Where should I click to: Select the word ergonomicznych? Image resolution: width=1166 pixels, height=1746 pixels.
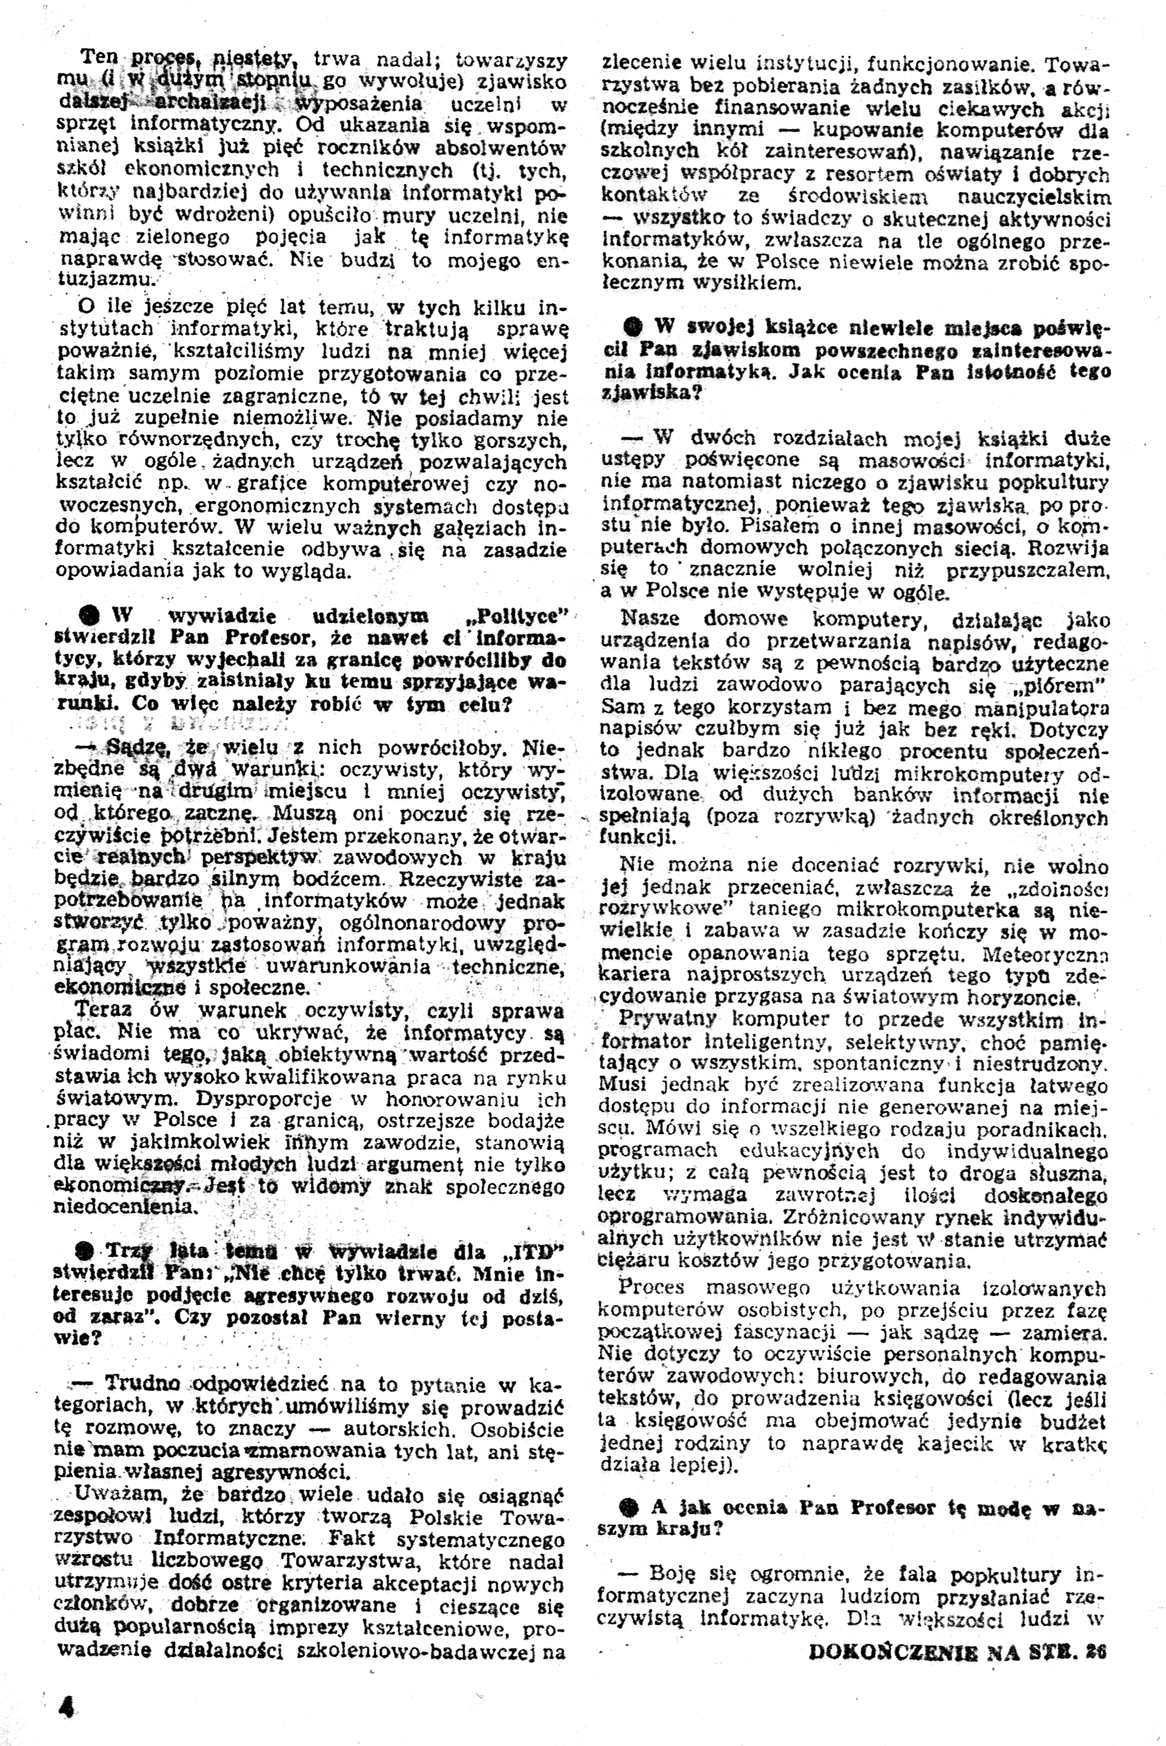[282, 506]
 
